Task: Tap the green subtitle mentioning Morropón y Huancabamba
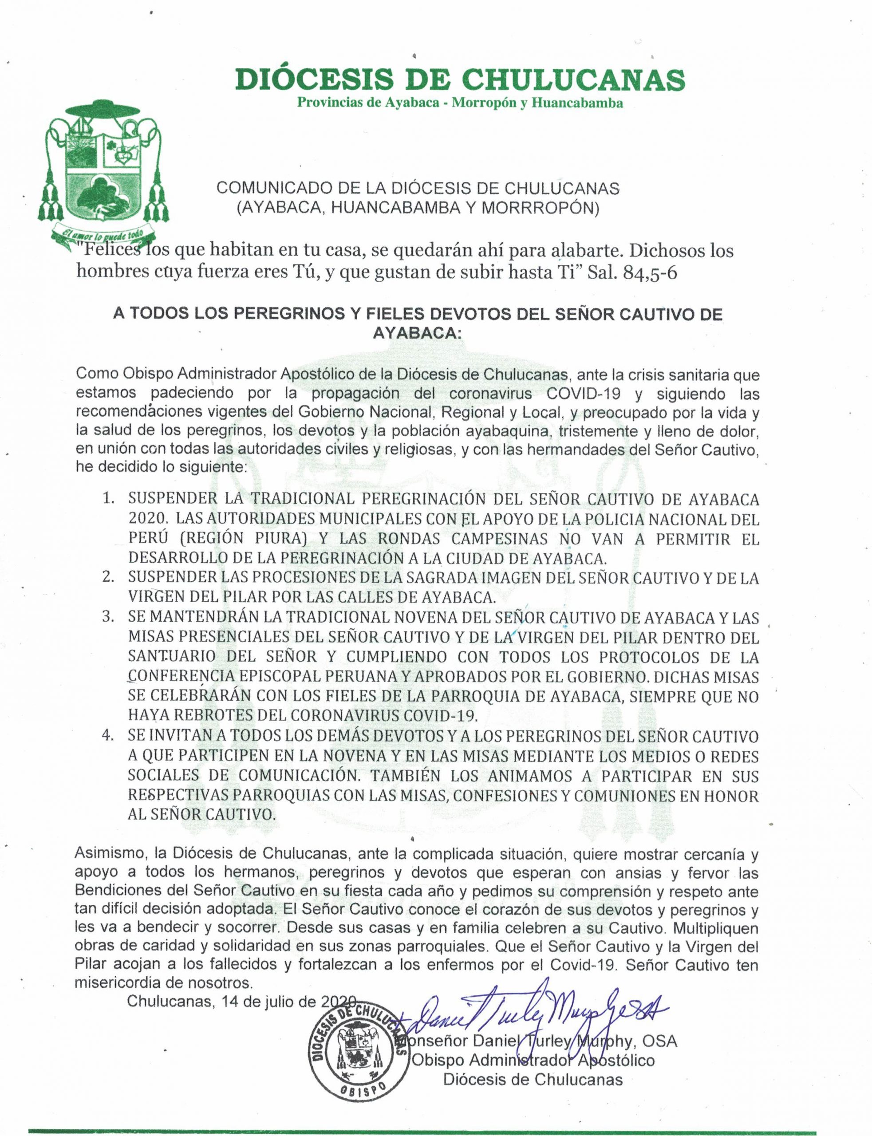pos(460,103)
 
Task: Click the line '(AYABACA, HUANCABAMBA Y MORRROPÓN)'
pos(418,208)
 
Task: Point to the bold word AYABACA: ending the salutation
pos(418,334)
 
